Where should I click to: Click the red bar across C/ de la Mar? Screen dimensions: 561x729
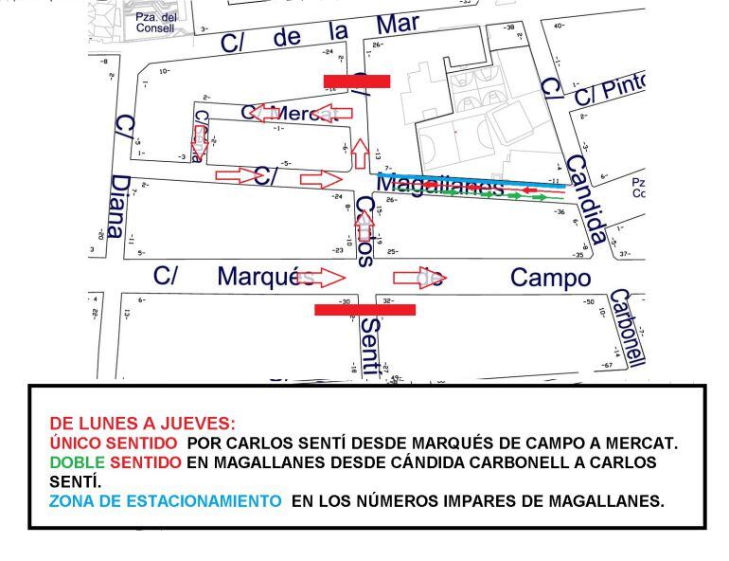click(356, 81)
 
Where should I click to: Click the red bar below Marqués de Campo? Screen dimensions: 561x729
click(364, 309)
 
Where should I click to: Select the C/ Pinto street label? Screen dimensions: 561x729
click(611, 88)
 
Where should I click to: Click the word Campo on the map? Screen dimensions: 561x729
click(550, 278)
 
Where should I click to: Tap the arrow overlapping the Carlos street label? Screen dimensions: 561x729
click(363, 226)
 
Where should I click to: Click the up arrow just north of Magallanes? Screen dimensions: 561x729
click(359, 153)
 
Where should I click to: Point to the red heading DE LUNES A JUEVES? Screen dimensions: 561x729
click(142, 424)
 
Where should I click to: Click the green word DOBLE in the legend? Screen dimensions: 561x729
click(77, 462)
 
